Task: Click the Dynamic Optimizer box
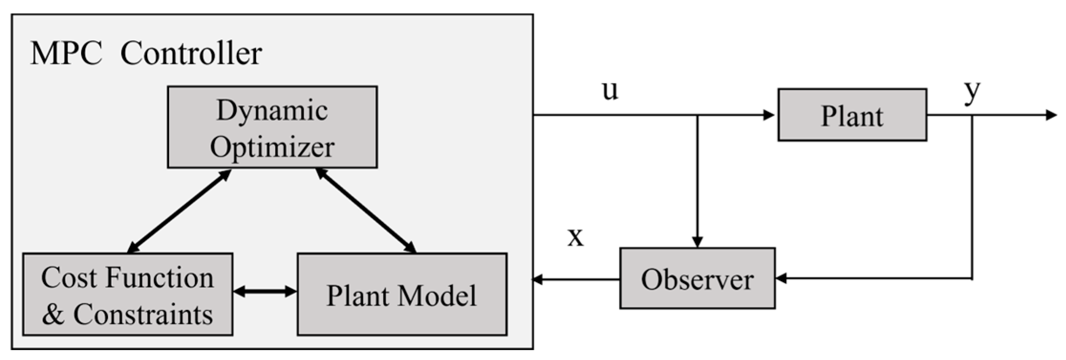[x=272, y=127]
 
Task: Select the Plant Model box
[x=402, y=295]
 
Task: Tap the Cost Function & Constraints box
[x=128, y=295]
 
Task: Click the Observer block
[x=697, y=278]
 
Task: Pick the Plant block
[x=852, y=115]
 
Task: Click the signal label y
[x=972, y=91]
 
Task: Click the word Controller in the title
[x=191, y=53]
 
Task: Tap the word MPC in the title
[x=66, y=53]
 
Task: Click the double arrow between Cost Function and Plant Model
[x=265, y=291]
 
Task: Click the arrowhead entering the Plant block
[x=769, y=115]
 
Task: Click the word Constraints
[x=143, y=315]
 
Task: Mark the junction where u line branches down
[x=697, y=115]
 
